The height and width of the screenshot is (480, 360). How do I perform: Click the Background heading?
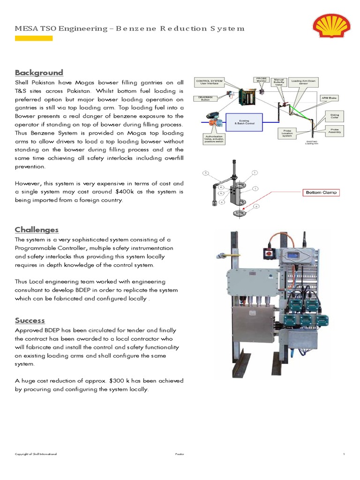38,73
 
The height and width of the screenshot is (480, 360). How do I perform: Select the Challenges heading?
37,230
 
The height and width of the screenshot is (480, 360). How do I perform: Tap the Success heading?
30,321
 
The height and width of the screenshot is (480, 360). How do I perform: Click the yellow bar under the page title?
34,38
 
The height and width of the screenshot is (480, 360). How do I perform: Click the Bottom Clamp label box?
321,192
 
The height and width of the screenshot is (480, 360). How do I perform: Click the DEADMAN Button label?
204,99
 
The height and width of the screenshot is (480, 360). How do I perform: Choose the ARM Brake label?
329,98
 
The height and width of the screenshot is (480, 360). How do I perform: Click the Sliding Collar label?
334,115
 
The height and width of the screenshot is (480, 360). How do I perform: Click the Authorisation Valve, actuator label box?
214,138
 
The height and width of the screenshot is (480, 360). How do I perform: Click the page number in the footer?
344,454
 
